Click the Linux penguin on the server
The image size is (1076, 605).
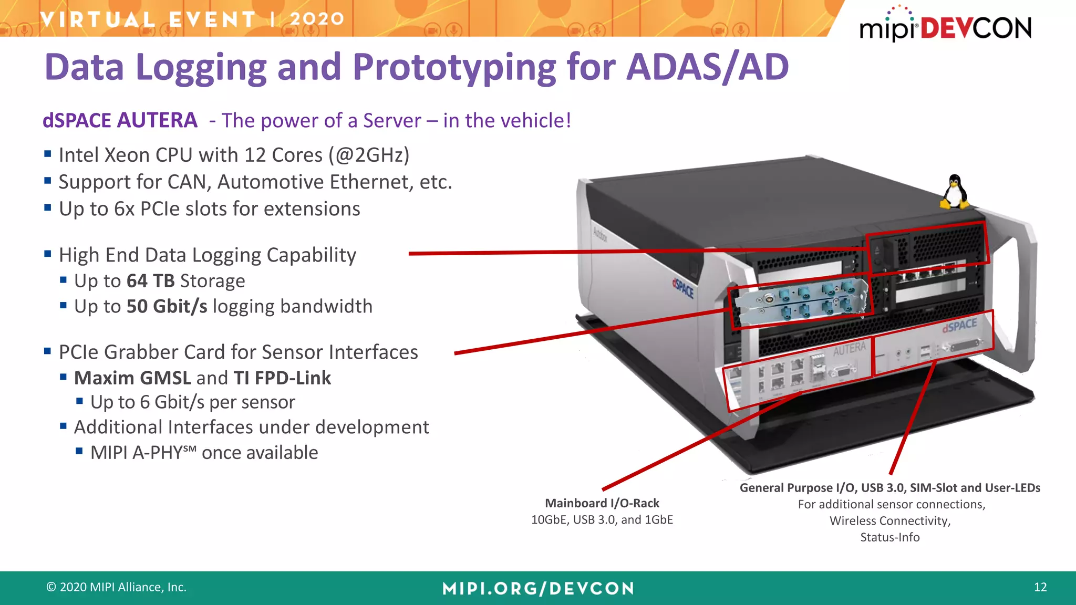(x=954, y=192)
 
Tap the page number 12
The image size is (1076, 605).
(x=1040, y=587)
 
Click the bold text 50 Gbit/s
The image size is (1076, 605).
(x=167, y=306)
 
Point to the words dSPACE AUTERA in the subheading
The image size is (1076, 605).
(x=120, y=120)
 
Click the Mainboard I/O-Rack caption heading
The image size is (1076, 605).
(x=602, y=503)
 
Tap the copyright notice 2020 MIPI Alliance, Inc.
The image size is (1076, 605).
(x=117, y=587)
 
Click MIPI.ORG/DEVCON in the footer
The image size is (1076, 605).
(x=538, y=588)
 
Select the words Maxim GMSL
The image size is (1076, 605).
(x=132, y=378)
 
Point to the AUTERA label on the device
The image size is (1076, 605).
(x=849, y=349)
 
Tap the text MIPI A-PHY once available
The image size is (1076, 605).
(x=204, y=453)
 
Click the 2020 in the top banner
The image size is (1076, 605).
(x=316, y=19)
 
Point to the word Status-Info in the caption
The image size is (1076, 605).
(x=889, y=537)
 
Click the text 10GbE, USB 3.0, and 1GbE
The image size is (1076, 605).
(x=602, y=520)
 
